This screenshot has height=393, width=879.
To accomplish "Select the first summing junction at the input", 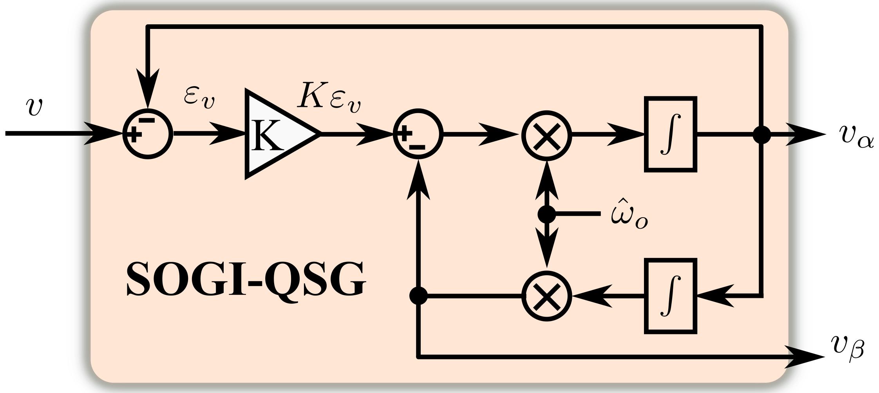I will tap(148, 134).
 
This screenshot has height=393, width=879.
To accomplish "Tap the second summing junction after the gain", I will tap(418, 134).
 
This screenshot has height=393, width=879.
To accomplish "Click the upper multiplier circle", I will tap(547, 134).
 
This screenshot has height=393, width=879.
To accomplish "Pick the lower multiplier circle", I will tap(547, 296).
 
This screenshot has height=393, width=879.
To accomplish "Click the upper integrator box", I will tap(671, 134).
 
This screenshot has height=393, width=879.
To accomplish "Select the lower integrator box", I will tap(671, 296).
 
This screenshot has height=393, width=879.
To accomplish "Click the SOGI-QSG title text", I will tap(246, 279).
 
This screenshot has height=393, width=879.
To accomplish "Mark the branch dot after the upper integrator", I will tap(762, 134).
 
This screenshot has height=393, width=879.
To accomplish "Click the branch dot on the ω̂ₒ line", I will tap(547, 214).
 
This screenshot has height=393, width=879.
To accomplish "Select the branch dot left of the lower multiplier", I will tap(418, 296).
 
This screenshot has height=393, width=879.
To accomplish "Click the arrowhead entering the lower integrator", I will tap(715, 296).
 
